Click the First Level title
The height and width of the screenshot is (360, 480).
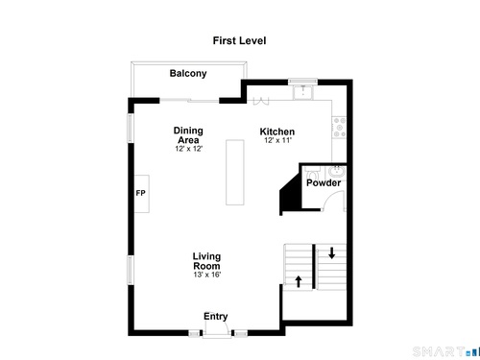coord(239,40)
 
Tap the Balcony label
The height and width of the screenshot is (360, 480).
coord(188,73)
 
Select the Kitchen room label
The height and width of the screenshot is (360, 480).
coord(277,132)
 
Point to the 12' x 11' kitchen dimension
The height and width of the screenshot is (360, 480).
coord(277,140)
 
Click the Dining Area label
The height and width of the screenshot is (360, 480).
coord(188,135)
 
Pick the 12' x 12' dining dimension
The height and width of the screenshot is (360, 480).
coord(189,149)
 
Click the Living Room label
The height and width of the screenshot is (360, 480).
coord(206,261)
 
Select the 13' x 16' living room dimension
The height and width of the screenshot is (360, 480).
coord(207,275)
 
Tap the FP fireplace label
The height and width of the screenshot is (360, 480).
coord(141,193)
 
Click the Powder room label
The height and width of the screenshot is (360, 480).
coord(324,182)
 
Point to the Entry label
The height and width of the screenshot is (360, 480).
coord(216,316)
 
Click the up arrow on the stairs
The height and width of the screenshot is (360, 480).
coord(299,281)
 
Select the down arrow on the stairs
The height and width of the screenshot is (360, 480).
coord(332,252)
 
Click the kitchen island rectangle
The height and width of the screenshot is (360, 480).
coord(235,172)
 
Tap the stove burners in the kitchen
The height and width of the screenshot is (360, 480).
coord(339,128)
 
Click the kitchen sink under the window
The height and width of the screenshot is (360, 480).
coord(302,92)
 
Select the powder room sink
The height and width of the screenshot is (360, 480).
coord(336,172)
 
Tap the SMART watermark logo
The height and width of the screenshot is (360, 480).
coord(446,351)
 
